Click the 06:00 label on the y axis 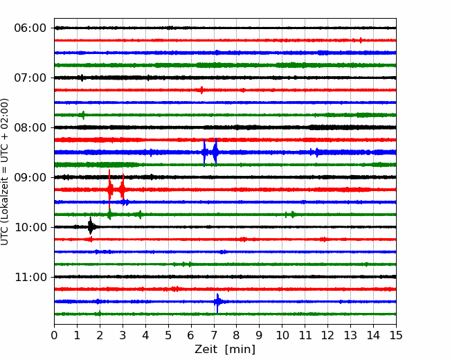click(30, 28)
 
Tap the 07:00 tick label click(30, 78)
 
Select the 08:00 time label click(30, 127)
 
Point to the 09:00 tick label click(30, 177)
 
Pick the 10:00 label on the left click(30, 227)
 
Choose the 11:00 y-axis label click(30, 277)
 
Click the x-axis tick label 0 click(54, 335)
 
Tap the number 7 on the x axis click(214, 335)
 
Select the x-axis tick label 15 click(396, 335)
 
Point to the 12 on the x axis click(327, 335)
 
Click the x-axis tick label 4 click(145, 335)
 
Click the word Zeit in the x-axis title click(206, 349)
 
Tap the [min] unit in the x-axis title click(240, 350)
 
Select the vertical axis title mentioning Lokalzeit click(4, 172)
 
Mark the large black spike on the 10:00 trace click(91, 226)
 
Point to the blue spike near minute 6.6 click(204, 152)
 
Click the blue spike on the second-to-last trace click(217, 302)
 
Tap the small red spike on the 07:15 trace click(201, 90)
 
